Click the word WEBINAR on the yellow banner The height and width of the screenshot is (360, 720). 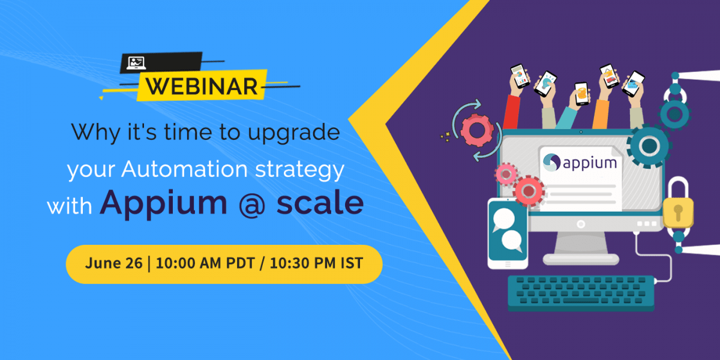(x=202, y=86)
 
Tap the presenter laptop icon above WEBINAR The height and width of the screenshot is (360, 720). (x=136, y=63)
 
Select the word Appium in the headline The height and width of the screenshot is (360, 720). (x=163, y=204)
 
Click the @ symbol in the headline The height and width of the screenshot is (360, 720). (x=252, y=204)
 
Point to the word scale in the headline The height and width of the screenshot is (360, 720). (x=320, y=202)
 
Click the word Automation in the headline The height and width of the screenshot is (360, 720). (x=185, y=169)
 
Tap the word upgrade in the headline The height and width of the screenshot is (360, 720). (x=294, y=133)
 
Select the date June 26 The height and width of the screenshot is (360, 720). (x=113, y=263)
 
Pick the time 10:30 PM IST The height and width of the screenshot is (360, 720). (x=316, y=263)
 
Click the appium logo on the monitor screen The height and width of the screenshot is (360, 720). (x=580, y=163)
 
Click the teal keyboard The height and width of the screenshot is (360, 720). (x=581, y=293)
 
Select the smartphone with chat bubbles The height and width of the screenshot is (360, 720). (x=508, y=233)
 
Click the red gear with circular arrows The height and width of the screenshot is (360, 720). (x=477, y=130)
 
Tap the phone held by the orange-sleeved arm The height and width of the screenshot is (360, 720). (x=610, y=76)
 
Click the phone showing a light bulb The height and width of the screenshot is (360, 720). (x=545, y=83)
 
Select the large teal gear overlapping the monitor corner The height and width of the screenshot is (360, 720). (x=649, y=146)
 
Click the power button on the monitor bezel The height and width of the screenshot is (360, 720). (x=581, y=224)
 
